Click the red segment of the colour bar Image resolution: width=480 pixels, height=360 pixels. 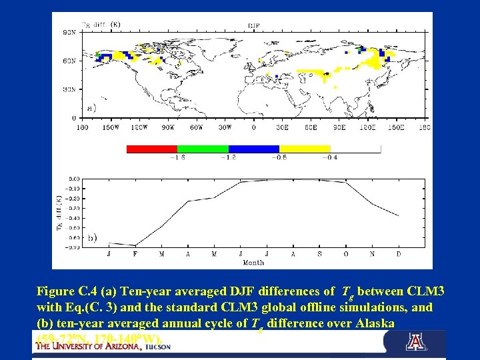pos(152,149)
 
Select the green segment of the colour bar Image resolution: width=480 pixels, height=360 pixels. pos(203,149)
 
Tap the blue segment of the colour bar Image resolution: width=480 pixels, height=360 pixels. pos(254,149)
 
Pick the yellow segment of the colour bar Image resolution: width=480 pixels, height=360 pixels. pos(305,149)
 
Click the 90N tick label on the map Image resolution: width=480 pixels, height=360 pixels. pos(69,31)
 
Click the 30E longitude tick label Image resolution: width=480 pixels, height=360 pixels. pos(282,127)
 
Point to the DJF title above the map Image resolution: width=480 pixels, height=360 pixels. pos(253,25)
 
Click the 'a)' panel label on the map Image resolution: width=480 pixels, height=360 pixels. pos(91,107)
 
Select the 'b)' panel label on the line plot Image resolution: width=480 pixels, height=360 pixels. pos(92,237)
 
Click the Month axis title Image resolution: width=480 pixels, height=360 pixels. pos(253,262)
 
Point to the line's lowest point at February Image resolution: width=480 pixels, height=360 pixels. pos(135,245)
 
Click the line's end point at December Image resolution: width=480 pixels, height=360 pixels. pos(399,215)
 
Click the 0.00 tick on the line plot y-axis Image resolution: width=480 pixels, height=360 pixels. pos(74,179)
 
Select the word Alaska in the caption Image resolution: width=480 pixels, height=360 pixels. pos(367,323)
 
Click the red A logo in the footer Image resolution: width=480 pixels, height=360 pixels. pos(415,342)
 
